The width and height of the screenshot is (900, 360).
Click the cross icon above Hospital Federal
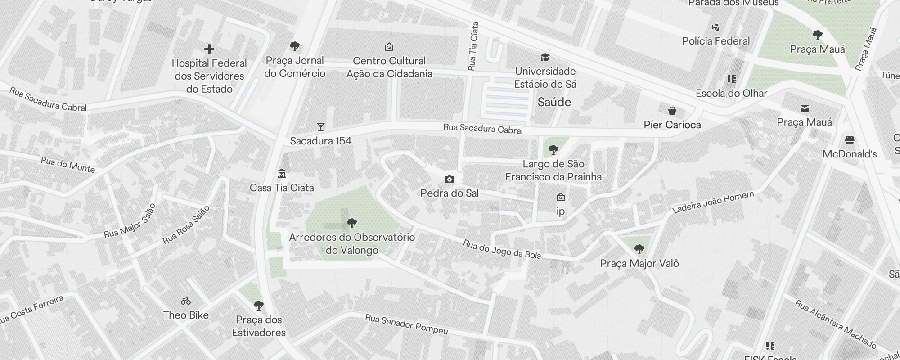pyautogui.click(x=209, y=49)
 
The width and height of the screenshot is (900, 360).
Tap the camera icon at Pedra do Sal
pyautogui.click(x=449, y=180)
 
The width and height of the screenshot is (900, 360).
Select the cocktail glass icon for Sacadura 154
pyautogui.click(x=320, y=127)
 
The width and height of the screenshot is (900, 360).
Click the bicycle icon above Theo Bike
pyautogui.click(x=186, y=301)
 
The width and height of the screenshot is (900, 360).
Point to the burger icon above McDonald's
pyautogui.click(x=849, y=140)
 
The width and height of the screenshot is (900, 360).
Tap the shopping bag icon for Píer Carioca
pyautogui.click(x=672, y=111)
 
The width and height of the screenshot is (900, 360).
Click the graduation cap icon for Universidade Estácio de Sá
pyautogui.click(x=545, y=58)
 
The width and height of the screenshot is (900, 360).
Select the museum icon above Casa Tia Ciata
pyautogui.click(x=282, y=174)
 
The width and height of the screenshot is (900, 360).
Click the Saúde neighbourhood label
pyautogui.click(x=554, y=102)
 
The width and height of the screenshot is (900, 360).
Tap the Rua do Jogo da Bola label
pyautogui.click(x=502, y=249)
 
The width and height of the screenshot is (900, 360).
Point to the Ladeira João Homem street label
pyautogui.click(x=713, y=202)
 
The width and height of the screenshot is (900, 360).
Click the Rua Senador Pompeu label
pyautogui.click(x=406, y=324)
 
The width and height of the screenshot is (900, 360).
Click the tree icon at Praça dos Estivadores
pyautogui.click(x=259, y=306)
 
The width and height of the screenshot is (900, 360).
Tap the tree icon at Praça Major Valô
pyautogui.click(x=639, y=249)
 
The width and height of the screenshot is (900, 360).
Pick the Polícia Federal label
pyautogui.click(x=715, y=41)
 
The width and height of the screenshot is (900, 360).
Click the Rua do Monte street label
pyautogui.click(x=68, y=165)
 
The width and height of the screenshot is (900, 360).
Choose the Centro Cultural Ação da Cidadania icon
pyautogui.click(x=389, y=47)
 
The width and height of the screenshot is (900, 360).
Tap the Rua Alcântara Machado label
pyautogui.click(x=835, y=324)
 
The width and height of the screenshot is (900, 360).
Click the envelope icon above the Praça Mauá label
pyautogui.click(x=804, y=108)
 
